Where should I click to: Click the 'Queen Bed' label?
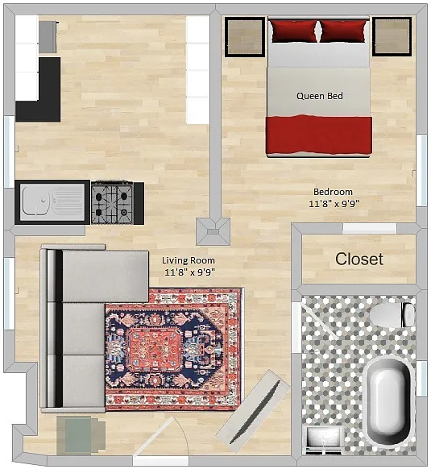(320, 96)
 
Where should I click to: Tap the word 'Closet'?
(359, 259)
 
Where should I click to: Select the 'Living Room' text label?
(189, 260)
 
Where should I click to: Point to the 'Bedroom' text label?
(333, 192)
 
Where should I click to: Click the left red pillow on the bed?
(294, 31)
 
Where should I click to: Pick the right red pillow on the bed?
(343, 31)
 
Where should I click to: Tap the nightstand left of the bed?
(245, 37)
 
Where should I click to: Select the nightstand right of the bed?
(392, 36)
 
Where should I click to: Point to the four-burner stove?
(113, 202)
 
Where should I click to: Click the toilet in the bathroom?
(392, 315)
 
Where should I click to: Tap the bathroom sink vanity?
(324, 440)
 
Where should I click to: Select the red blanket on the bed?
(319, 135)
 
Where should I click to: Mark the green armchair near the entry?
(81, 434)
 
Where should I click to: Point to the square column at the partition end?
(213, 232)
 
